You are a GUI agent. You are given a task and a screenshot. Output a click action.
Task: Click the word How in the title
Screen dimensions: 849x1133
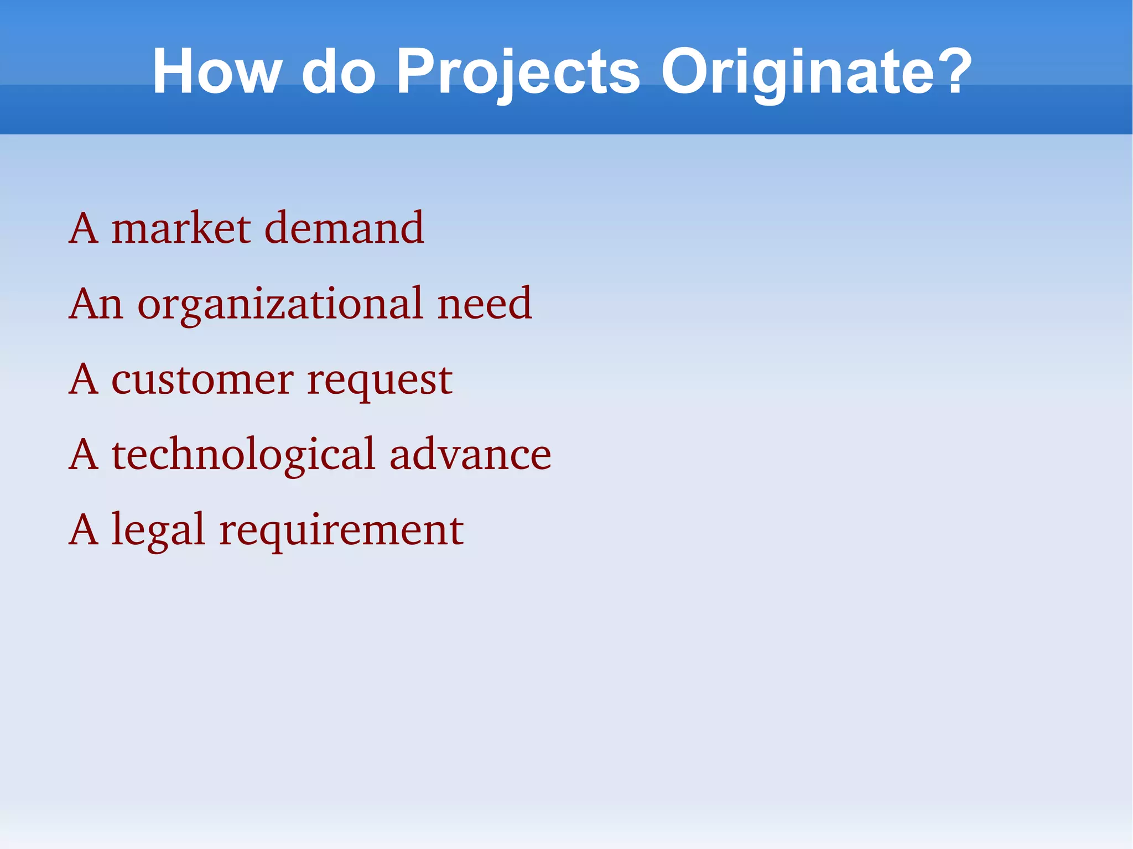point(216,72)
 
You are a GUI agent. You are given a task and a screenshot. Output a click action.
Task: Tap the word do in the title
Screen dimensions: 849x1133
point(339,72)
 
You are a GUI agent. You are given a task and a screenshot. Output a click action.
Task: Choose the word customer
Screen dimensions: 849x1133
point(202,380)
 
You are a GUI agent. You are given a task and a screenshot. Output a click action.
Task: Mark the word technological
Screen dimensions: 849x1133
point(243,455)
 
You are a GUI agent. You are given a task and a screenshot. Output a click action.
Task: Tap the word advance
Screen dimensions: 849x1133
point(470,455)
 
